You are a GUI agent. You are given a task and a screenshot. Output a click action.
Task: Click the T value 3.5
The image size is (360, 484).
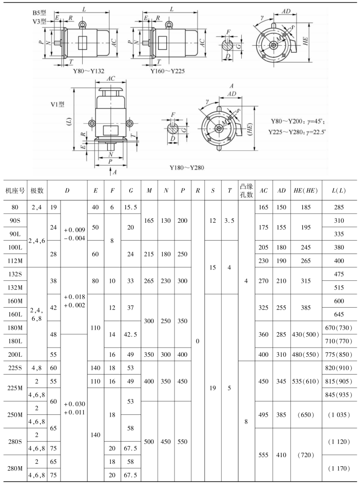[x=229, y=222]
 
